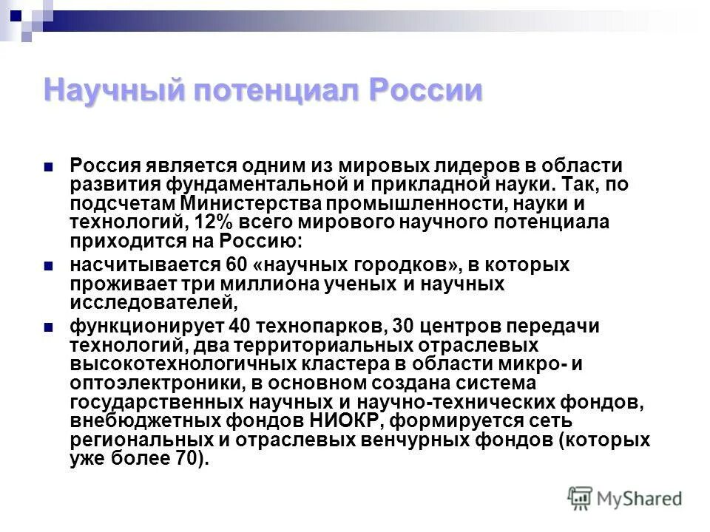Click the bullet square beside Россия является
click(x=49, y=167)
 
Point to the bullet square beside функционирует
click(x=49, y=327)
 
